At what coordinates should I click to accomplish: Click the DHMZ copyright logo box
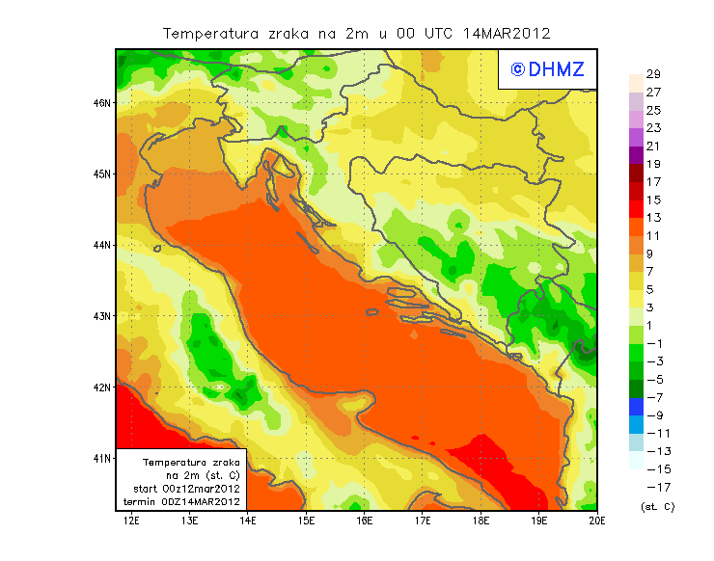coord(547,69)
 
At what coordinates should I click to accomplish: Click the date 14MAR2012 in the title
coord(507,33)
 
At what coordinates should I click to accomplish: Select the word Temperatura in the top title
coord(206,33)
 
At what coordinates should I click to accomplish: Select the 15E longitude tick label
coord(307,521)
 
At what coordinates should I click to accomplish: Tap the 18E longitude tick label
coord(481,521)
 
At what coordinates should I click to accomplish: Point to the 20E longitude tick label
coord(598,521)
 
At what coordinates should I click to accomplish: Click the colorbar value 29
coord(653,74)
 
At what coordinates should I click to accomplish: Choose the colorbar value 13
coord(653,218)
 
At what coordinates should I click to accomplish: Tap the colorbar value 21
coord(653,146)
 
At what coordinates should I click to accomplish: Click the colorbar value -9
coord(653,415)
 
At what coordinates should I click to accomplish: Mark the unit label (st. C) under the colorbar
coord(657,506)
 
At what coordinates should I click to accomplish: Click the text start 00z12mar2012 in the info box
coord(186,489)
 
